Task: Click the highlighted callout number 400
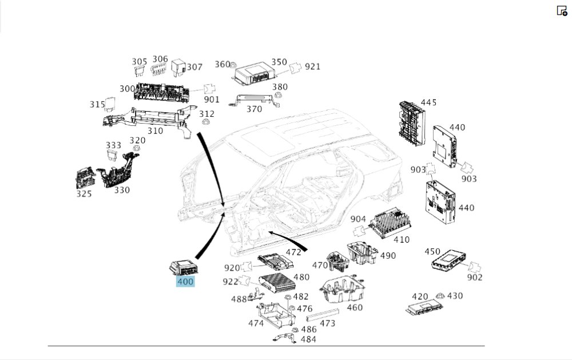tap(186, 282)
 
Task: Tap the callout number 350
tap(279, 62)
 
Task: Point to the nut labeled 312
tap(206, 123)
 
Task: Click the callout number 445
tap(428, 102)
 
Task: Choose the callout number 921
tap(312, 66)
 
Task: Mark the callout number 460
tap(355, 307)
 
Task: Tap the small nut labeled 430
tap(440, 296)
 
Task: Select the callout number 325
tap(84, 193)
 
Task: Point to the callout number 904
tap(358, 219)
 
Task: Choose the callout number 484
tap(308, 339)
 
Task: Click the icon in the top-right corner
tap(562, 11)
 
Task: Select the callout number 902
tap(474, 278)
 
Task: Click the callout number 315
tap(97, 104)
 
